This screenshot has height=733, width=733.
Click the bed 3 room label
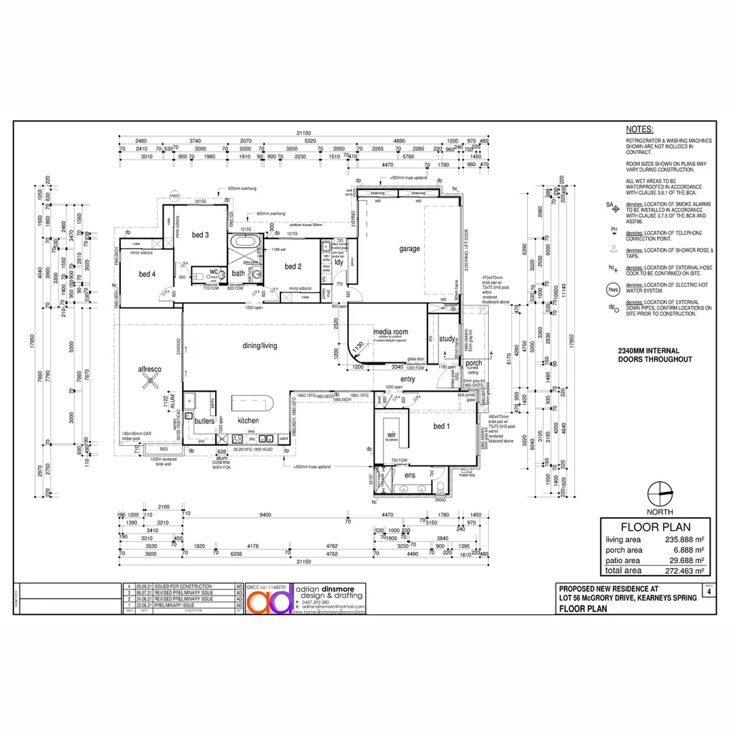(200, 235)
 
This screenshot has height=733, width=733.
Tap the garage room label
(409, 248)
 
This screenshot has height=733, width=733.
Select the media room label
(391, 333)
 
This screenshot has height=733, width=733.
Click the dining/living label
(260, 345)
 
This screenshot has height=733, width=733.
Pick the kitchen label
(248, 421)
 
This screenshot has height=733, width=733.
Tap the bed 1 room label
(442, 426)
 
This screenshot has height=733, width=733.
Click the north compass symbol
(659, 492)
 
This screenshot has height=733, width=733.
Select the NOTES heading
(639, 129)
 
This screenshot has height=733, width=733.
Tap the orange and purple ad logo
(269, 599)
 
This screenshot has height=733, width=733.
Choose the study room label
(447, 339)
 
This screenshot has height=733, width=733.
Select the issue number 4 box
(709, 592)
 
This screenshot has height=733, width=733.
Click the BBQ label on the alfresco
(163, 449)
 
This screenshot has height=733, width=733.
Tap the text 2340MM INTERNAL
(654, 350)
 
